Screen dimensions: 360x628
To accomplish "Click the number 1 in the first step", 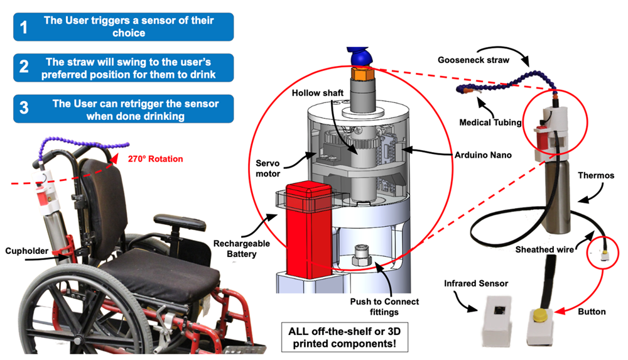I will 24,28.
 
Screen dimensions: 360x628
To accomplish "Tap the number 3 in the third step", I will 24,108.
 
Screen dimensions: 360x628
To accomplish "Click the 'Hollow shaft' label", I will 318,93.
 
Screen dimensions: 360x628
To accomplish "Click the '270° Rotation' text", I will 156,159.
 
